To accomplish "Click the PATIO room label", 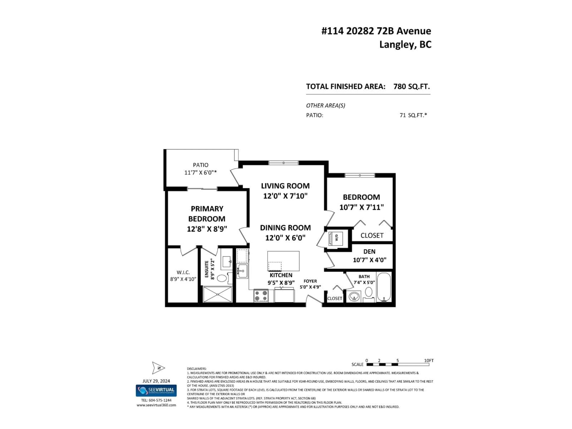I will tap(201, 165).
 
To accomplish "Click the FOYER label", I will tap(310, 281).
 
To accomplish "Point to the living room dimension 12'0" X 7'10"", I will tap(285, 196).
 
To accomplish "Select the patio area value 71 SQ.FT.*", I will tap(413, 115).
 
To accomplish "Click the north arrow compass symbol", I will tap(158, 368).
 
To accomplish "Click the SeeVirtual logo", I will tap(156, 390).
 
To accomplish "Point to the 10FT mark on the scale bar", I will tap(429, 360).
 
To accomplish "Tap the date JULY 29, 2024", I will tap(156, 381).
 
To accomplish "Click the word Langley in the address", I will tap(396, 45).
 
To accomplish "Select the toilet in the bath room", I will tap(369, 293).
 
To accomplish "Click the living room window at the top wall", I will tap(283, 163).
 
